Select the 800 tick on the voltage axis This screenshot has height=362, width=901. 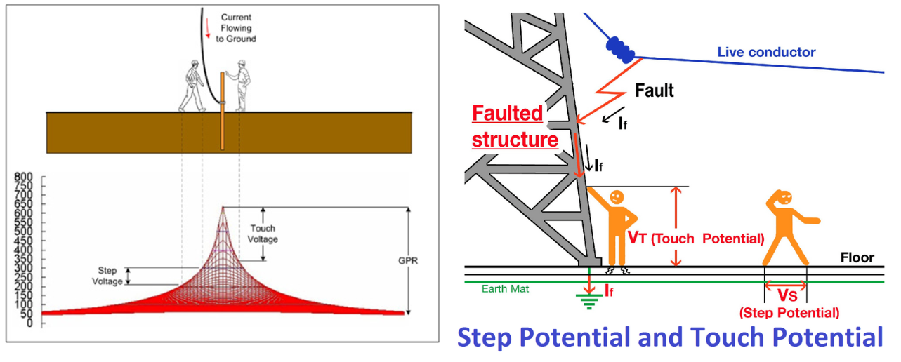pos(24,176)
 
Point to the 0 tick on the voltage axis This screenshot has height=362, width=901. pos(29,323)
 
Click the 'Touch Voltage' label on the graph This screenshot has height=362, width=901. pos(263,234)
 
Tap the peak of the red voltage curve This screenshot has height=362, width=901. pos(223,207)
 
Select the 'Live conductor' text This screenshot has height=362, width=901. pos(766,52)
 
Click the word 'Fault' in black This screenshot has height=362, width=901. pos(654,90)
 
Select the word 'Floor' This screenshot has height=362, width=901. pos(857,257)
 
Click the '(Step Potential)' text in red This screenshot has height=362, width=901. pos(789,313)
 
